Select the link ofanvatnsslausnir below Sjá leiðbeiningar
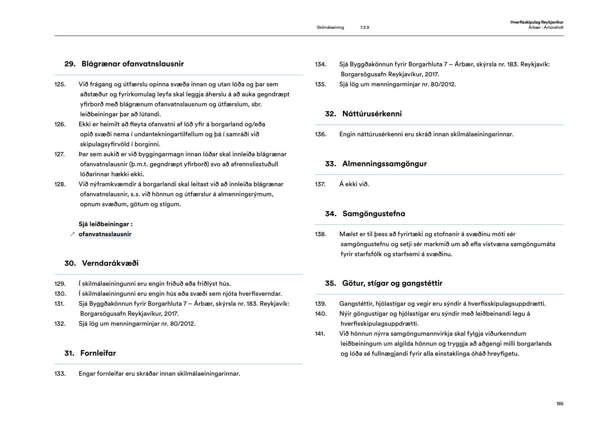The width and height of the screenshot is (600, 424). pos(105,234)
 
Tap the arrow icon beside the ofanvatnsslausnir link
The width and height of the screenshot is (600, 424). pos(72,235)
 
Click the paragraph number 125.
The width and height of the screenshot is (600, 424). pos(60,84)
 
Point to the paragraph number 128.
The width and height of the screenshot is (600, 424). pos(60,184)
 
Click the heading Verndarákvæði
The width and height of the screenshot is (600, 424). pos(110,263)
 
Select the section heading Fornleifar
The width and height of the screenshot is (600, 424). pos(98,353)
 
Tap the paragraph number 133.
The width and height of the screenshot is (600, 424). pos(60,374)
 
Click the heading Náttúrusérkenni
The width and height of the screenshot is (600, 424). pos(372,114)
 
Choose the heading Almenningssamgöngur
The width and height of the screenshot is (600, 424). pos(384,164)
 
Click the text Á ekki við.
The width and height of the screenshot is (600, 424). pos(354,184)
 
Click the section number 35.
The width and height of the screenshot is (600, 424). pos(330,283)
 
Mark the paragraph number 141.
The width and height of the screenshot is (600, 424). pos(320,334)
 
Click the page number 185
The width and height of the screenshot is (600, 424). pos(560,404)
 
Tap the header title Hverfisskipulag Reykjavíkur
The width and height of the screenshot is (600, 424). pos(537,22)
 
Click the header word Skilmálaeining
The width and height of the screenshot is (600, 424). pos(330,28)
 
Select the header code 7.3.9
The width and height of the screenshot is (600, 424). pos(364,28)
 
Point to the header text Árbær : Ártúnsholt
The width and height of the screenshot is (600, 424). pos(546,28)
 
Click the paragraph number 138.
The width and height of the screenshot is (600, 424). pos(320,234)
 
